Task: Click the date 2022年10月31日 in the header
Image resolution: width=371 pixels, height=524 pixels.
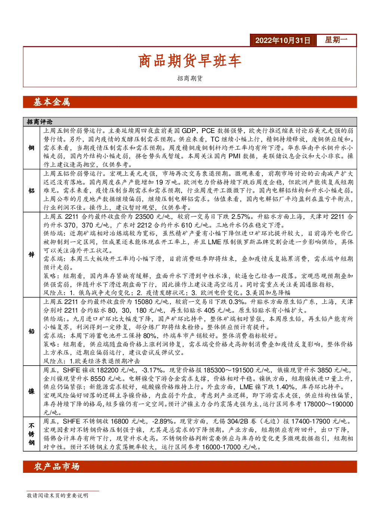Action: (282, 40)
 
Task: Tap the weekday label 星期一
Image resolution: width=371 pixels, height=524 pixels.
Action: (336, 40)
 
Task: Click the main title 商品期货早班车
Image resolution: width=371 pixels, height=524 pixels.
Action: (190, 61)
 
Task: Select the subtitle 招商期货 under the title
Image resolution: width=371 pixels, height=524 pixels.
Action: (190, 78)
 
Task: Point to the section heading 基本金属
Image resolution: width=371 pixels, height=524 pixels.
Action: (52, 102)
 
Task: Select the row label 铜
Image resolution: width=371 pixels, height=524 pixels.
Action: (31, 148)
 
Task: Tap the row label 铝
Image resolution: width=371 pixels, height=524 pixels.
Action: (31, 190)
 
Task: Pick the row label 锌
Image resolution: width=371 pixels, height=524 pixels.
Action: (31, 254)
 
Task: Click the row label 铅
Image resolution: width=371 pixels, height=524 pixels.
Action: (31, 331)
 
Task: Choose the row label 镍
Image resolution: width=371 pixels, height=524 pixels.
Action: (31, 391)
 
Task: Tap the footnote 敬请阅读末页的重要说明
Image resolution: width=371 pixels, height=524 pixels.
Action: (57, 496)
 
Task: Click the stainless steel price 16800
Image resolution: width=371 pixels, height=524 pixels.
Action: (120, 421)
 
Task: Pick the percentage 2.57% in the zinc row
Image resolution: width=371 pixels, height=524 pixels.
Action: (241, 217)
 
